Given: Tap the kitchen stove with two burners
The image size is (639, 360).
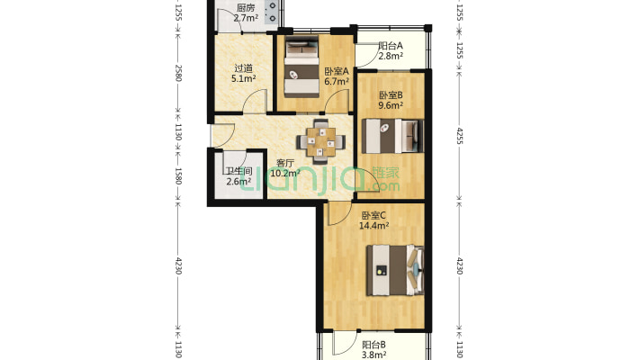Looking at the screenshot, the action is tap(272, 13).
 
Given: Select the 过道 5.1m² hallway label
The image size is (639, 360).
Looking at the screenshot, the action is tap(243, 74).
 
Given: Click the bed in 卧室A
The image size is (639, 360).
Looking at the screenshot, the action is tap(301, 67).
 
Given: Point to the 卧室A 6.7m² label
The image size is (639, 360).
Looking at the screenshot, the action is tap(337, 76).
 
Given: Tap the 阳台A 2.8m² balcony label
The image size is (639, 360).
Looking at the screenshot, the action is tap(391, 51).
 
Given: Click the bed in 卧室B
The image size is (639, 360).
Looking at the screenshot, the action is tap(393, 136).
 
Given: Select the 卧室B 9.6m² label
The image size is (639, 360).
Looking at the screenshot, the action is tap(391, 100).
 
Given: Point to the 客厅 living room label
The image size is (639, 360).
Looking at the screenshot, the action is tap(285, 163).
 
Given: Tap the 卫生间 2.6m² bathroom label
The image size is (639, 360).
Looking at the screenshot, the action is tap(238, 176).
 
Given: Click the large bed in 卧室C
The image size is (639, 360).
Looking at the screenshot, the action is tap(395, 270).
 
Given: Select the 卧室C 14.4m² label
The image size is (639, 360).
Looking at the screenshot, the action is tap(373, 220).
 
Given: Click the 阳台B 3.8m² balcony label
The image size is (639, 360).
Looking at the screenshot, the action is tap(374, 350).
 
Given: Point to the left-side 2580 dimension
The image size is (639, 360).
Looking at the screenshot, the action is tap(178, 73).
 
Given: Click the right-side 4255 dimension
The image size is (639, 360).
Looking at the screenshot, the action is tap(460, 136).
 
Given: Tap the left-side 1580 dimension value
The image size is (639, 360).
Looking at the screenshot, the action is tap(178, 175).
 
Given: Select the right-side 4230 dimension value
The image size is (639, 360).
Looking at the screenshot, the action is tap(460, 265).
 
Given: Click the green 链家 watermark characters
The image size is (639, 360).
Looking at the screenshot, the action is tap(385, 173).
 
